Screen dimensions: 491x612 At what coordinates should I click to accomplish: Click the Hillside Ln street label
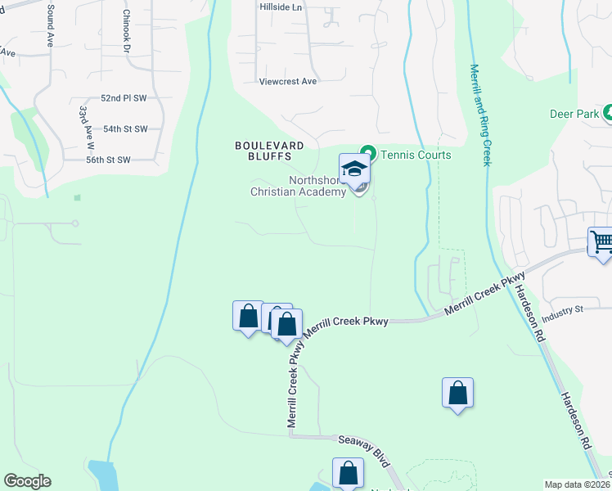(x=281, y=6)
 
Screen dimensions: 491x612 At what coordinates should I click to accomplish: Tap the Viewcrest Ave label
(x=287, y=82)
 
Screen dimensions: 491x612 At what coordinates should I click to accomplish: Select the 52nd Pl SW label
(x=123, y=98)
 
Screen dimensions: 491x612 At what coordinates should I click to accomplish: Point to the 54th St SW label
(x=125, y=129)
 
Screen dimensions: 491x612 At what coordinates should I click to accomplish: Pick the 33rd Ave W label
(x=83, y=124)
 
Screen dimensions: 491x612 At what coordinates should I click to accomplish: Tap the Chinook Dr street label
(x=127, y=31)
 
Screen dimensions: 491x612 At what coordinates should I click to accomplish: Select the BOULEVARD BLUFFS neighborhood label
(x=269, y=151)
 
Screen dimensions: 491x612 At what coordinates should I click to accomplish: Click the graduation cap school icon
(x=354, y=169)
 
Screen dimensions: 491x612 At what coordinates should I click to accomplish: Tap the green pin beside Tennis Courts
(x=368, y=154)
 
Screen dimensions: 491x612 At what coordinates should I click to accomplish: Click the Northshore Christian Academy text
(x=298, y=187)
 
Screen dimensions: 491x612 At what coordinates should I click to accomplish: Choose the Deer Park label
(x=575, y=115)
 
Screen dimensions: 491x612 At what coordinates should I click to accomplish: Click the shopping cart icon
(x=601, y=241)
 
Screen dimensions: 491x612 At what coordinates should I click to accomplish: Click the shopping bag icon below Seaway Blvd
(x=348, y=473)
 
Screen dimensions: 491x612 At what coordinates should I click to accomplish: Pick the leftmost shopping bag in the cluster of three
(x=248, y=316)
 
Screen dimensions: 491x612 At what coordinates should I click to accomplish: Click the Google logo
(x=27, y=481)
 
